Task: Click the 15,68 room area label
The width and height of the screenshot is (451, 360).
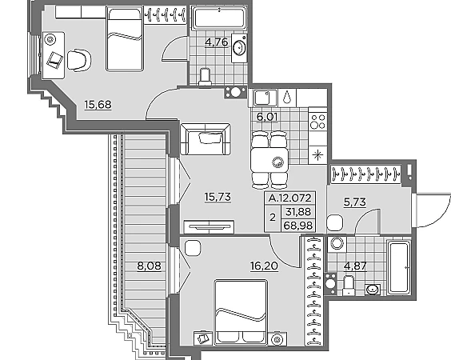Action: click(98, 105)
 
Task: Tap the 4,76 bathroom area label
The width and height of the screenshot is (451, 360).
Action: click(216, 42)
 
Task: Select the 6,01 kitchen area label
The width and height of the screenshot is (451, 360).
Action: click(267, 117)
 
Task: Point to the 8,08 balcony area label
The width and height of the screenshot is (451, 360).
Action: click(149, 266)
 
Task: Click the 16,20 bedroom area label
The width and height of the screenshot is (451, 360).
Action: click(265, 266)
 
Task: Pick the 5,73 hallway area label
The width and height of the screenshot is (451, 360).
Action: click(355, 202)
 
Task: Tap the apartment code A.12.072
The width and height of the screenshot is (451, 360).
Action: click(290, 198)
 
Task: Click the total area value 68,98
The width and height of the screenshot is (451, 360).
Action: click(298, 226)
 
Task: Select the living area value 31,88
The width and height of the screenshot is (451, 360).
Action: click(298, 212)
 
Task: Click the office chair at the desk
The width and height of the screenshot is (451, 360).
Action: click(79, 60)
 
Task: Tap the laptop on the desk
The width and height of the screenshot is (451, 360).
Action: click(54, 60)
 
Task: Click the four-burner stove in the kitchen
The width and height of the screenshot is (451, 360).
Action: click(317, 122)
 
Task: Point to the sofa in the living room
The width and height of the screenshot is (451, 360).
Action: click(205, 139)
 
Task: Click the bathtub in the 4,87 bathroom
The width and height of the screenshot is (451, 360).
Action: click(399, 268)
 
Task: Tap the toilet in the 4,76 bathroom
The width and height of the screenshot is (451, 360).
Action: click(205, 77)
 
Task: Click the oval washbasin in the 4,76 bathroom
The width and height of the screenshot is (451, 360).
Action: click(239, 48)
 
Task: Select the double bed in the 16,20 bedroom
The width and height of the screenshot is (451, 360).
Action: click(241, 312)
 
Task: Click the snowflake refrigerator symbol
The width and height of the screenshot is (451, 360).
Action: click(317, 155)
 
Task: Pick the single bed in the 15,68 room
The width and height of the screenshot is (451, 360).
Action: click(125, 39)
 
